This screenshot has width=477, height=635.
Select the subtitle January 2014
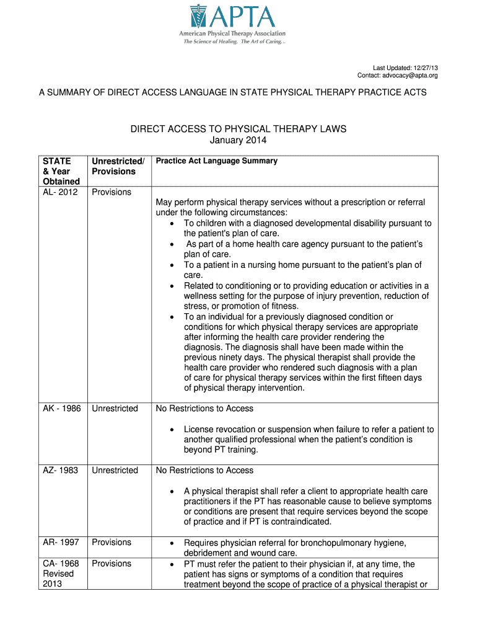[239, 140]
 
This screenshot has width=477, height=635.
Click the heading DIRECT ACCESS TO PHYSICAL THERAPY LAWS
[238, 129]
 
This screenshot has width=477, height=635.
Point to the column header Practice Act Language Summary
[217, 161]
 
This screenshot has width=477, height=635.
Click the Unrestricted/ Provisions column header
[118, 166]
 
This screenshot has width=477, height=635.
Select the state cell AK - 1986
[61, 409]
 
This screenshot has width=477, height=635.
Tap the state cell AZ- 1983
[60, 470]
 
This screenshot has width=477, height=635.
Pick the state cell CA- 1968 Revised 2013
[60, 574]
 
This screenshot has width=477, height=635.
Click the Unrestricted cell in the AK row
[115, 409]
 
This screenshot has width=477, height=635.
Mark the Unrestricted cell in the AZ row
[115, 470]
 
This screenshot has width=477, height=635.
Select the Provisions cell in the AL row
[112, 192]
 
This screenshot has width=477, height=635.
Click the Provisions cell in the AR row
[112, 543]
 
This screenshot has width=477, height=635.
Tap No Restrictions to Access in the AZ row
[204, 470]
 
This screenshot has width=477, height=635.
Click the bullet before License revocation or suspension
[171, 429]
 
